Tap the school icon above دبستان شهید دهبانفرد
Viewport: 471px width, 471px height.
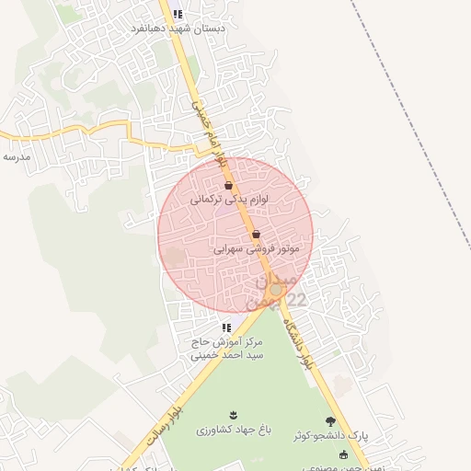click(x=178, y=14)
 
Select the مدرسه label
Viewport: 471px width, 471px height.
click(x=17, y=157)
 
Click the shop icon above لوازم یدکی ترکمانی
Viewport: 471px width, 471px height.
click(x=228, y=186)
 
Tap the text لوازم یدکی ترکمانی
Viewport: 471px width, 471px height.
click(x=222, y=199)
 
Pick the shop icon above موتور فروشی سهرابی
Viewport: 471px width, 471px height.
click(x=256, y=235)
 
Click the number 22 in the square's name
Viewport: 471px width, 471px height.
click(x=296, y=300)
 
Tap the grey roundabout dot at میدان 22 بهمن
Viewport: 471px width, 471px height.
click(x=275, y=289)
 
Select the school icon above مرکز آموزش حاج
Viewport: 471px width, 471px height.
click(x=226, y=327)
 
